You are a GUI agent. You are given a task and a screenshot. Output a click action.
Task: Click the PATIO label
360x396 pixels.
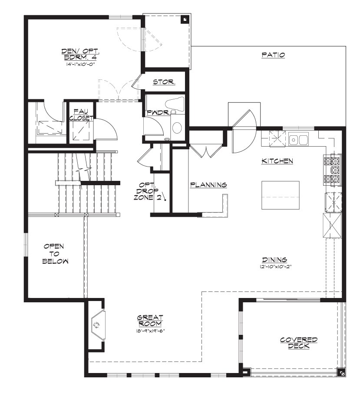[x=273, y=55]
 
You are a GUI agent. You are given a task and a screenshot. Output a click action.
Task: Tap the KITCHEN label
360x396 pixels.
[x=277, y=161]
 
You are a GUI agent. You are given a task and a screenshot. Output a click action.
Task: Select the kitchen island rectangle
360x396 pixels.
[x=281, y=195]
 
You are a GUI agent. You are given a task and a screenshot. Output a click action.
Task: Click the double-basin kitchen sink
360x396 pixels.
[x=298, y=140]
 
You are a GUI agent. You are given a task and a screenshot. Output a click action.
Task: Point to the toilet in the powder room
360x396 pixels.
[x=175, y=104]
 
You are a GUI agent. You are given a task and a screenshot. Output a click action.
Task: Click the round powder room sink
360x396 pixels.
[x=177, y=128]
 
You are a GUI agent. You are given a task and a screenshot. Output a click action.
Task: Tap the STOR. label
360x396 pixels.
[x=164, y=82]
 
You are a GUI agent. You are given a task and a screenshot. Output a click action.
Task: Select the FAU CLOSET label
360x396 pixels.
[x=81, y=115]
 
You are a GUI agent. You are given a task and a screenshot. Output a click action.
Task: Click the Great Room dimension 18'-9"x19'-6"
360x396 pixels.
[x=150, y=331]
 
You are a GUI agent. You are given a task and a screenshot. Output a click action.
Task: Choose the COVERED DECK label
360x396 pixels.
[x=299, y=343]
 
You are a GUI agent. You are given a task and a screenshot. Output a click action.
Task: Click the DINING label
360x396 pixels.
[x=274, y=260]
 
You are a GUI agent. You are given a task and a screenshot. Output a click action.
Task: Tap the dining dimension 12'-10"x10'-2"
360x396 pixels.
[x=275, y=266]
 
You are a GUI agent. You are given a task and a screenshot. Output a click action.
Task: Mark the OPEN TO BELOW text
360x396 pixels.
[x=55, y=254]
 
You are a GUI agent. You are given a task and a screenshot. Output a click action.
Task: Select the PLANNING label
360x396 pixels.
[x=208, y=185]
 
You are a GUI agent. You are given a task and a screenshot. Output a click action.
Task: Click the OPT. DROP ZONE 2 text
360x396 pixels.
[x=148, y=191]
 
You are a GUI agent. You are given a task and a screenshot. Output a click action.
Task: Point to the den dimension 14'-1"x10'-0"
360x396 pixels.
[x=81, y=64]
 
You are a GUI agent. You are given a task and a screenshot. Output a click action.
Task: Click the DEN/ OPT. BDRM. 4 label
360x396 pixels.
[x=80, y=54]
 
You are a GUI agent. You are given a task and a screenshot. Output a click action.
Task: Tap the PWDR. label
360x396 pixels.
[x=158, y=113]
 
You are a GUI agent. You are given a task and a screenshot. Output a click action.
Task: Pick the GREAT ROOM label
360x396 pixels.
[x=150, y=321]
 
